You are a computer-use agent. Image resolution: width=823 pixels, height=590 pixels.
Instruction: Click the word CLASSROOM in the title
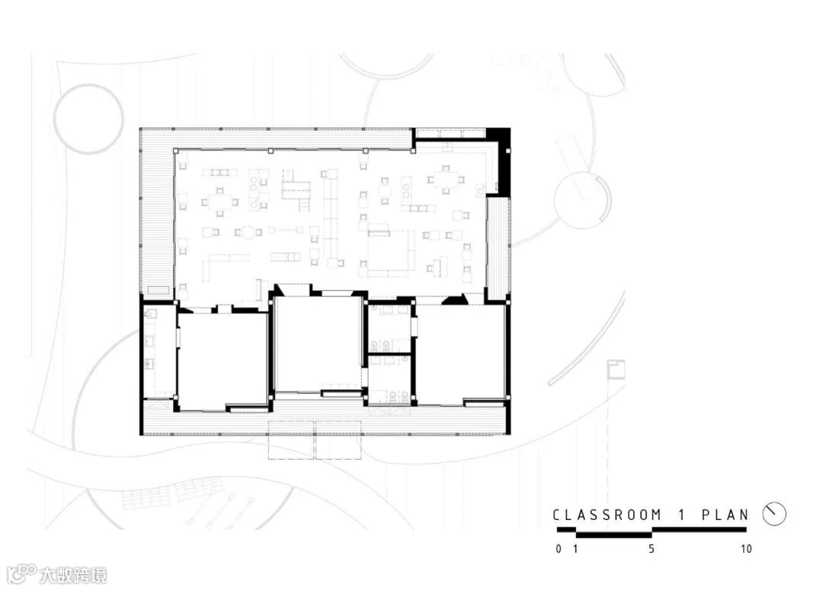pyautogui.click(x=607, y=515)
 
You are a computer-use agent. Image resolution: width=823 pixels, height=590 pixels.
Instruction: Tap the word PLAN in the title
pyautogui.click(x=725, y=515)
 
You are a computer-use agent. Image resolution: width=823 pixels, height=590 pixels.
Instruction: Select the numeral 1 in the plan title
pyautogui.click(x=682, y=515)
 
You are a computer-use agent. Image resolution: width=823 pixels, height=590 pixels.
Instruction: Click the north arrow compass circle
pyautogui.click(x=774, y=514)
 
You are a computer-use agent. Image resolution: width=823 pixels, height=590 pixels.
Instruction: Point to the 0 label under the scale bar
pyautogui.click(x=559, y=549)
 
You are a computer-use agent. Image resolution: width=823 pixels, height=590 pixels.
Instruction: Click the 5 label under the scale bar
pyautogui.click(x=652, y=549)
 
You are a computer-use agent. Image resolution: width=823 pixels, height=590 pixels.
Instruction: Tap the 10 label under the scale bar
pyautogui.click(x=746, y=549)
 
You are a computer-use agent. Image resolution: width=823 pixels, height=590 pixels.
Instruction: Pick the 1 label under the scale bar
pyautogui.click(x=576, y=549)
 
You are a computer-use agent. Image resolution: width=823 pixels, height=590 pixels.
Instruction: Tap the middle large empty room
pyautogui.click(x=317, y=344)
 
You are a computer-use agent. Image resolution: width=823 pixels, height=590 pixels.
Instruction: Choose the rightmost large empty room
pyautogui.click(x=460, y=355)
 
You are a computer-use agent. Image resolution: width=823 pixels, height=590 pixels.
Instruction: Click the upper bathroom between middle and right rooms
pyautogui.click(x=389, y=329)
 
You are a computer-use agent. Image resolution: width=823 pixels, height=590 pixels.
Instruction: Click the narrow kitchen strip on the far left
pyautogui.click(x=158, y=352)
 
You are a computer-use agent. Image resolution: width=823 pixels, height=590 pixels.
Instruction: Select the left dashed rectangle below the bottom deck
pyautogui.click(x=291, y=439)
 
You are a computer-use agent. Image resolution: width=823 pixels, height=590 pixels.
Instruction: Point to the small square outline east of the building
pyautogui.click(x=616, y=370)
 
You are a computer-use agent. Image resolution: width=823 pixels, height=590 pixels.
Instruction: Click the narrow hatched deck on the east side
pyautogui.click(x=497, y=247)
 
